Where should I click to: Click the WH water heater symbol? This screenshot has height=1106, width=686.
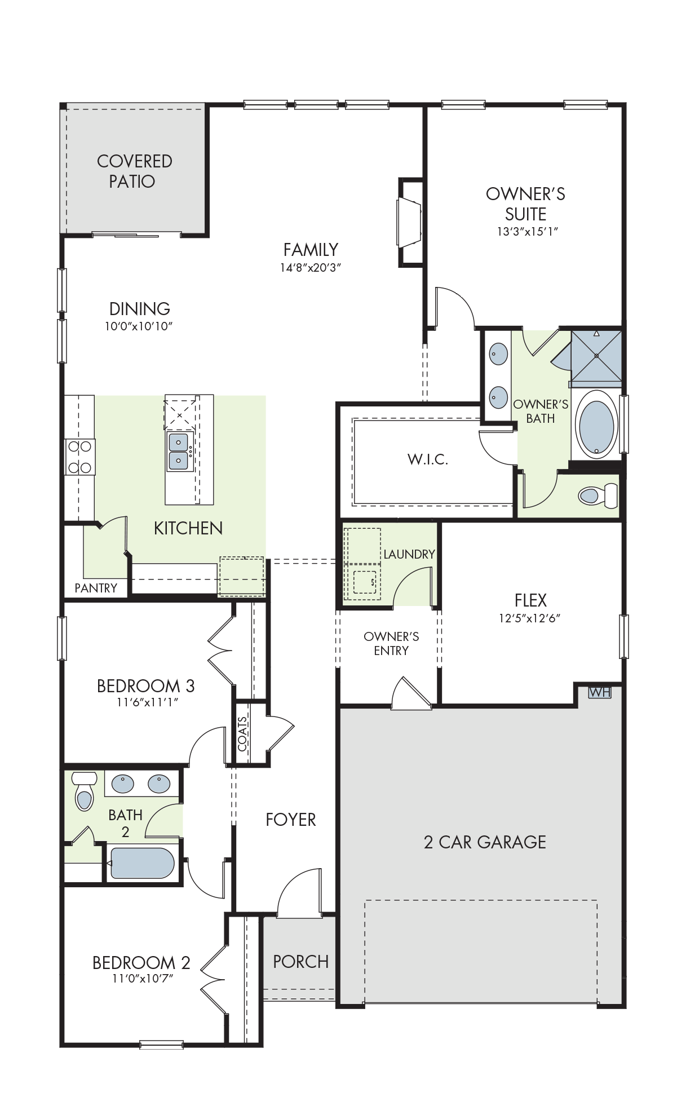pos(599,692)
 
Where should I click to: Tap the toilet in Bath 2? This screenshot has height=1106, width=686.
pos(84,791)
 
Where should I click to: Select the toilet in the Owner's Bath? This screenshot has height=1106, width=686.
pos(598,496)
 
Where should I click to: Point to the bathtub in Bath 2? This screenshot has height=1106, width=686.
pos(142,863)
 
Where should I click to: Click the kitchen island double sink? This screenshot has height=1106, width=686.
pos(179,451)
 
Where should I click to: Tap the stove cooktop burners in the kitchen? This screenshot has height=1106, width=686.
pos(79,457)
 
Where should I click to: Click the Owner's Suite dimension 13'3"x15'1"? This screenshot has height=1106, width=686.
pos(527,232)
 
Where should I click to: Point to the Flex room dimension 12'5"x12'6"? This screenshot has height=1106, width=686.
pos(529,618)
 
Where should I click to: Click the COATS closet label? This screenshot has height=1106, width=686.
pos(242,734)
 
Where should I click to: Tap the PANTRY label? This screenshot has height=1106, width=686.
pos(96,588)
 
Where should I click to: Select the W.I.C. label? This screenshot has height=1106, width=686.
pos(428,459)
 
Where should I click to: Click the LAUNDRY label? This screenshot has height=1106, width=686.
pos(409,554)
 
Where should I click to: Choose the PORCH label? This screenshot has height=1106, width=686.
pos(300,961)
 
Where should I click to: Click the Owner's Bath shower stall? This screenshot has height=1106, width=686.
pos(596,356)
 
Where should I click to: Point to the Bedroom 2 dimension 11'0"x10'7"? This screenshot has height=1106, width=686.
pos(143,978)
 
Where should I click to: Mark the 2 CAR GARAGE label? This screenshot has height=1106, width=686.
pos(485,842)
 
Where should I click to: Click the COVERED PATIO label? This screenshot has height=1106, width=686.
pos(134,171)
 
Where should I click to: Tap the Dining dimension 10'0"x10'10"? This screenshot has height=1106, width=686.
pos(139,326)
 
